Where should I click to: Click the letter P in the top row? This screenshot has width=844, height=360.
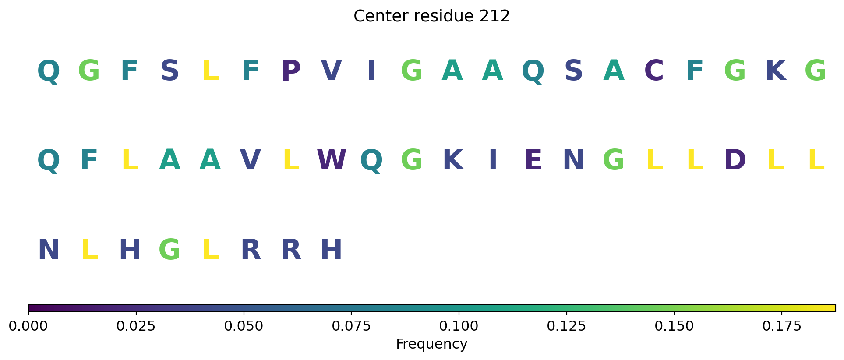(291, 71)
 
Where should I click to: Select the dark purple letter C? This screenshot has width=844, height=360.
(654, 71)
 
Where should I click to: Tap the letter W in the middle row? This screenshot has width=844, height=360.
(332, 160)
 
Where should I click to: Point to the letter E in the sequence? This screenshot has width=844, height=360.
(533, 160)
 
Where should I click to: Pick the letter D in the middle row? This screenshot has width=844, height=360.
(735, 160)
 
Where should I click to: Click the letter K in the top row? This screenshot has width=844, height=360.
(776, 71)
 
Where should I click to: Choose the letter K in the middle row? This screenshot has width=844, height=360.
(453, 160)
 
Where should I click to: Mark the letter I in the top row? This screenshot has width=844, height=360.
(372, 71)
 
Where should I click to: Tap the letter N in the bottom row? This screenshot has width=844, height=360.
(49, 250)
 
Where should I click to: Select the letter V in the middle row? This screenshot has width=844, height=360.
(251, 160)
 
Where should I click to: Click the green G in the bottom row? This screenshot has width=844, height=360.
(170, 250)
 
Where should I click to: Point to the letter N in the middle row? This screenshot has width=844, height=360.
(574, 160)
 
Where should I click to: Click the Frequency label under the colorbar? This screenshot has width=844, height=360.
(431, 344)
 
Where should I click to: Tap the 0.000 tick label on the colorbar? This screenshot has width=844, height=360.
(28, 326)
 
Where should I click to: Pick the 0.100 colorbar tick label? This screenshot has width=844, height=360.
(459, 326)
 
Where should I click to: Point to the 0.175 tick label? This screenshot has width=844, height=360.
(782, 326)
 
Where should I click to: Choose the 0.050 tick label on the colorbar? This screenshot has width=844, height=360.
(244, 326)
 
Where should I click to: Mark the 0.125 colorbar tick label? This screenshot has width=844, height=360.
(567, 326)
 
